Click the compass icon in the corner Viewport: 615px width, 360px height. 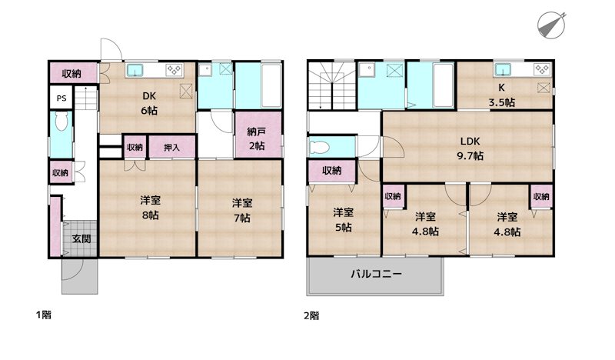[551, 24]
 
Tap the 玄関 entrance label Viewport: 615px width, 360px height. [81, 238]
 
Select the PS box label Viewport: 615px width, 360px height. [60, 99]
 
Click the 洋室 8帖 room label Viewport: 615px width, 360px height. [149, 208]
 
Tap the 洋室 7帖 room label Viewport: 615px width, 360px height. [241, 211]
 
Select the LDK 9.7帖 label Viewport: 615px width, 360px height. [470, 148]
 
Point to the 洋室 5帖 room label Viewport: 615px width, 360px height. [343, 219]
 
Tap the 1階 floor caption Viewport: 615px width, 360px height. [43, 315]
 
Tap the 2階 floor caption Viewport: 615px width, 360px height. [311, 315]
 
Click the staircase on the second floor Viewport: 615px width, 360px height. [331, 86]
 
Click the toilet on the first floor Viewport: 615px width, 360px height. [61, 125]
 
